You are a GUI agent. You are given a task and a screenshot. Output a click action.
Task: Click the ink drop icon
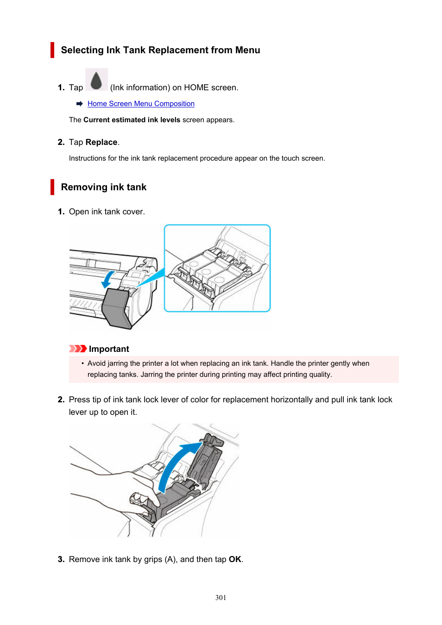tap(96, 80)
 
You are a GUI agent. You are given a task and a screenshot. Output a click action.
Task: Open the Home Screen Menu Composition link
tap(141, 104)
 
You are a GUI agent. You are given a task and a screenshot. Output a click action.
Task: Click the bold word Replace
tap(101, 142)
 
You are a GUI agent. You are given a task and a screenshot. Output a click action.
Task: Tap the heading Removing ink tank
tap(104, 187)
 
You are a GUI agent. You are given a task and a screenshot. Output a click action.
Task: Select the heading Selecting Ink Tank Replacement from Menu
tap(160, 50)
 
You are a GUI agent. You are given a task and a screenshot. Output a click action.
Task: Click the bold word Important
tap(109, 349)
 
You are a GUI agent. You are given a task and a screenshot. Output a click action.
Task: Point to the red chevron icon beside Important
tap(78, 349)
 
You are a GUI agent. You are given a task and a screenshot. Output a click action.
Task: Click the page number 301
tap(221, 598)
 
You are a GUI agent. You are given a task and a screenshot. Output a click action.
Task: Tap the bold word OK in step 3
tap(235, 559)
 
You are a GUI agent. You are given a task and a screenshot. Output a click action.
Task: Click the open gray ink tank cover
tap(116, 307)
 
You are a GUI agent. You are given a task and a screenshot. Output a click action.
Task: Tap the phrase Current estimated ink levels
tap(132, 120)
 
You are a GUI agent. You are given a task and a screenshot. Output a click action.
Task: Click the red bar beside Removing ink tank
tap(52, 187)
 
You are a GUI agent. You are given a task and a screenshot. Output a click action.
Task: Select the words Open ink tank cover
tap(107, 212)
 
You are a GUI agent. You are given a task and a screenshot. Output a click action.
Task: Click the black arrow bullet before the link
tap(80, 104)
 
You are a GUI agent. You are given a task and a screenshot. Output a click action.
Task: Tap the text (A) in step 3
tap(170, 559)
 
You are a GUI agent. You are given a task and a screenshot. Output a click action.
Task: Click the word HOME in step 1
tap(196, 87)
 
